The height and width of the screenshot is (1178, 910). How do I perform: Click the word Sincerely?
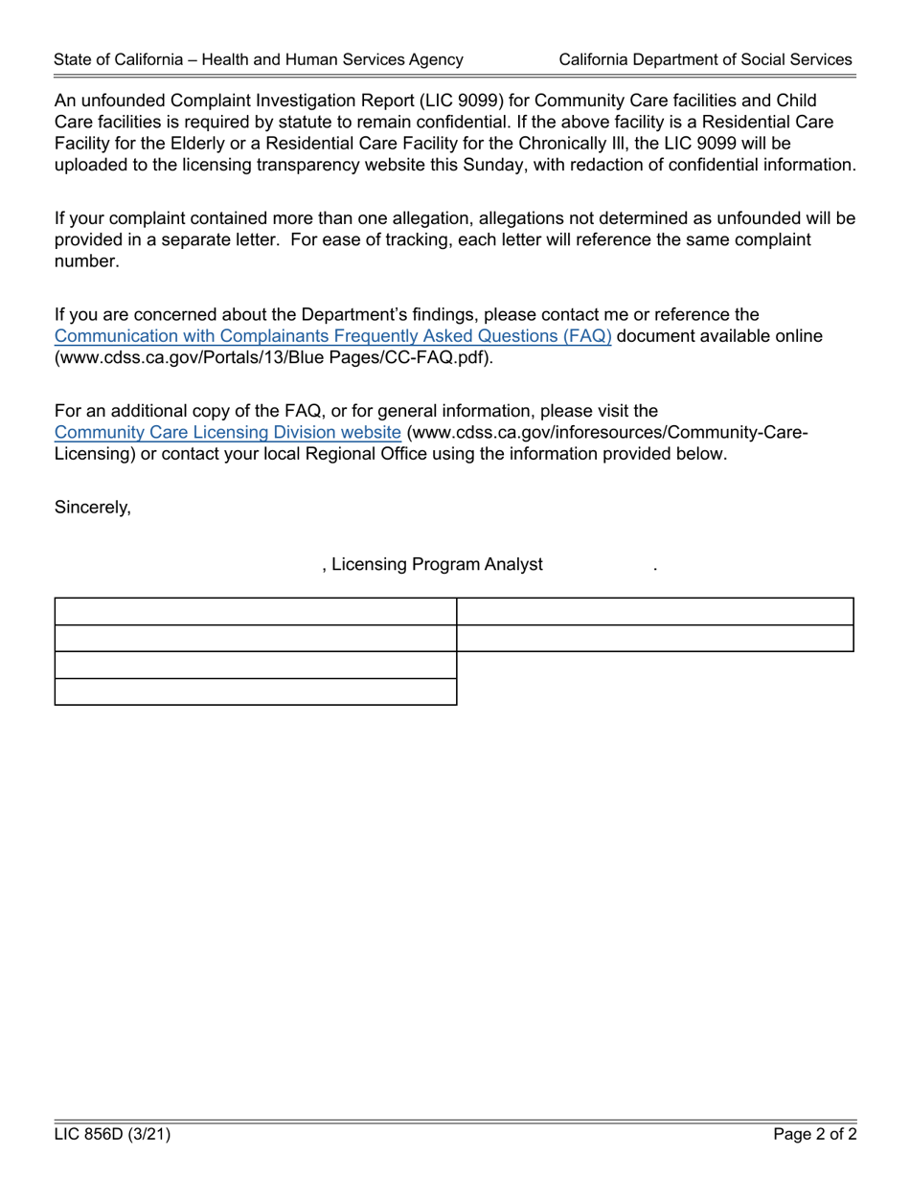pyautogui.click(x=92, y=508)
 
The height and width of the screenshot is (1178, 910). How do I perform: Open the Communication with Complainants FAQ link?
pyautogui.click(x=332, y=336)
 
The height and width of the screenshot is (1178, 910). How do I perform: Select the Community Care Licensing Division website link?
pyautogui.click(x=228, y=432)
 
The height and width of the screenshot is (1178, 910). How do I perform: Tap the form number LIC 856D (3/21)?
pyautogui.click(x=112, y=1135)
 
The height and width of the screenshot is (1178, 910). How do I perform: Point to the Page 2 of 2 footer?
pyautogui.click(x=815, y=1135)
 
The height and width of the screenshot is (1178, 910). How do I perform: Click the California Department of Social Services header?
pyautogui.click(x=705, y=59)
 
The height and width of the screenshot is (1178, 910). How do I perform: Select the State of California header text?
pyautogui.click(x=259, y=59)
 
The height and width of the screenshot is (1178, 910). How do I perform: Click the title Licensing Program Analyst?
pyautogui.click(x=437, y=564)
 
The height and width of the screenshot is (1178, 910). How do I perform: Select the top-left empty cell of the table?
pyautogui.click(x=256, y=611)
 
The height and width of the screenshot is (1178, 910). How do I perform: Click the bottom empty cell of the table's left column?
pyautogui.click(x=256, y=691)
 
